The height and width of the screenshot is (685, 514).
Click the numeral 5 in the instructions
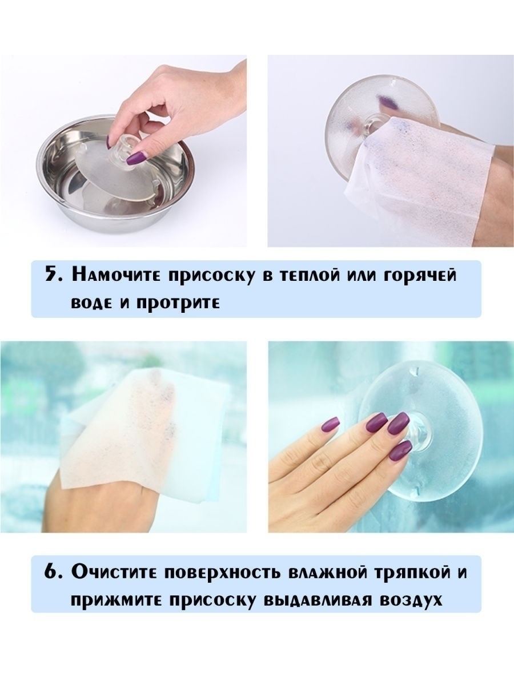point(51,275)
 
